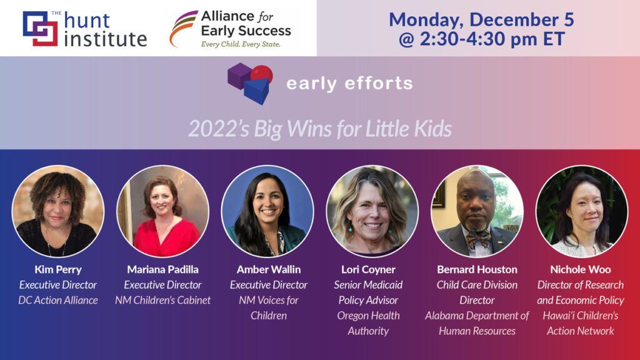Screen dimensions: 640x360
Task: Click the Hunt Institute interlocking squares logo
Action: pos(41,28)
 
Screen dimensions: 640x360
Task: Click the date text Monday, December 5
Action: pos(481,19)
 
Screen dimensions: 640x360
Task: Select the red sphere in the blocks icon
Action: pos(262,74)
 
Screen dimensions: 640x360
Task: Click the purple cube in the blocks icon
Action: pos(239,75)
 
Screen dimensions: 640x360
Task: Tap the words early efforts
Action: pos(349,83)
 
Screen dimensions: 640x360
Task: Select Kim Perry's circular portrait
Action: pos(58,211)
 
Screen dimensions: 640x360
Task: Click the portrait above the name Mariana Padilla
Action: pos(163,211)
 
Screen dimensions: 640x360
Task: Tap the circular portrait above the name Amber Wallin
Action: pos(267,211)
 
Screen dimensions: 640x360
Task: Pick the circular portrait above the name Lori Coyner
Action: pos(372,211)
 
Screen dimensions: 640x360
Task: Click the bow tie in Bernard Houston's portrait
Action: pos(478,238)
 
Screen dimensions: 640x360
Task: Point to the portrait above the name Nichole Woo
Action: pos(582,211)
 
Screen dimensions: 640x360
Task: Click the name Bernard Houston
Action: pos(477,269)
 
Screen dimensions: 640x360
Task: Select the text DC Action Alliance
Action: pos(58,300)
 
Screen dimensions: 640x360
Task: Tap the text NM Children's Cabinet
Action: pos(163,300)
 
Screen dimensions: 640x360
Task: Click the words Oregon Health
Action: pos(368,316)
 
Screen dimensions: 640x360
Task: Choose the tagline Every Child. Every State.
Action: pos(241,44)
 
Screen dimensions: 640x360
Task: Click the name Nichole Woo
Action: pos(581,269)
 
